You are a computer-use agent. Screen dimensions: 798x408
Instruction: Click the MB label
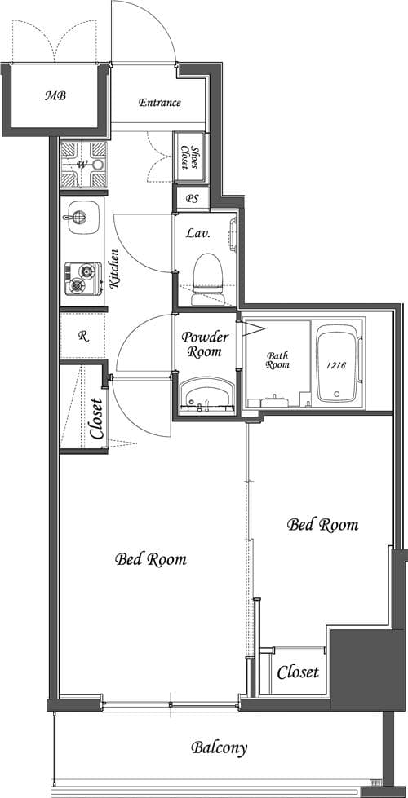(x=55, y=95)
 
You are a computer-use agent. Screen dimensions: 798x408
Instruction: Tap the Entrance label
(x=159, y=103)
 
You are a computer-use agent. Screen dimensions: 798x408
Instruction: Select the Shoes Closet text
(x=188, y=156)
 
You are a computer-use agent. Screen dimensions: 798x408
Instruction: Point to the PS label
(x=192, y=198)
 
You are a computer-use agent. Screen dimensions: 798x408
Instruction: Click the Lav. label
(x=198, y=233)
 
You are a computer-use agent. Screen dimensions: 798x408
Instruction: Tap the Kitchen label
(x=116, y=271)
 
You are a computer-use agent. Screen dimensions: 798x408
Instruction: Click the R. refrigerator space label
(x=83, y=335)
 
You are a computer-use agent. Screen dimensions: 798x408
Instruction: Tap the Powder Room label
(x=205, y=345)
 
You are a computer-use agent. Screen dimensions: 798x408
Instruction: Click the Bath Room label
(x=277, y=359)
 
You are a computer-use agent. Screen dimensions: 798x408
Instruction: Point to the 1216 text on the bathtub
(x=338, y=366)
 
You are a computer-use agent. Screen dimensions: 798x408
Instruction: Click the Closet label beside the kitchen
(x=97, y=418)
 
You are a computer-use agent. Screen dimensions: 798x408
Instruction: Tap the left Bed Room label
(x=150, y=559)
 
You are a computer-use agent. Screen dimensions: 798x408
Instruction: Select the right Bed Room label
(x=322, y=525)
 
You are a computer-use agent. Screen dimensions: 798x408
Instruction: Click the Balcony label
(x=219, y=747)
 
